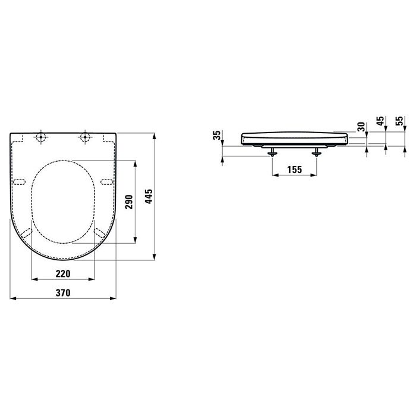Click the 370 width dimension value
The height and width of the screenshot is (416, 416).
(x=64, y=292)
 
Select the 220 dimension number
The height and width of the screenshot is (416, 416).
(x=64, y=273)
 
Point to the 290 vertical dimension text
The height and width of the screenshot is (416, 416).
(x=129, y=202)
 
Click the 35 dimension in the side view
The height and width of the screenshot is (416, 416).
(x=218, y=136)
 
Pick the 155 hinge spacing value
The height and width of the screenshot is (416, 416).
(x=294, y=169)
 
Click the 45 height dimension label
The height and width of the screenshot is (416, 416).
(x=379, y=122)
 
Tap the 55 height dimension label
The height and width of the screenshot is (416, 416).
(x=399, y=122)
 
